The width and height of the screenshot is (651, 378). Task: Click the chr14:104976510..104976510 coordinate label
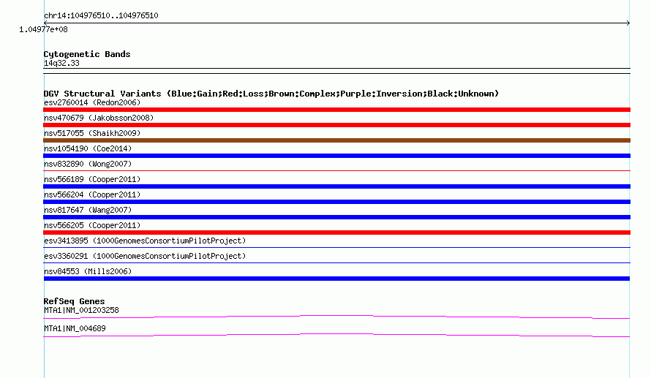(x=101, y=16)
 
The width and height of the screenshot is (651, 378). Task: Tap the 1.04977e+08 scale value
(x=43, y=29)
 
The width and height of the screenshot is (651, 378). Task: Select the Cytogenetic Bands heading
(x=87, y=54)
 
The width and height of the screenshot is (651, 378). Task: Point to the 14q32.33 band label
(x=61, y=63)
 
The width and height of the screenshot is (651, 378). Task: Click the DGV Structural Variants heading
(x=271, y=94)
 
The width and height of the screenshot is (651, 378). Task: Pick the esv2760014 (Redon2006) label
(x=92, y=102)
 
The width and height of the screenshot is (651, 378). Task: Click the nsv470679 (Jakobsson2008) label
(x=99, y=118)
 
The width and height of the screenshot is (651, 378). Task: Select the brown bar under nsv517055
(x=336, y=140)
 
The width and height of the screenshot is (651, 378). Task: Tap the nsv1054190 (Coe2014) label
(x=88, y=148)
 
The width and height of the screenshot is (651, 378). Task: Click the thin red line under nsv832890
(x=336, y=170)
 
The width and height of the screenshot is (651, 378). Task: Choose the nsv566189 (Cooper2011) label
(x=92, y=179)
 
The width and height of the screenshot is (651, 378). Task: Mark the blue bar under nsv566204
(x=336, y=202)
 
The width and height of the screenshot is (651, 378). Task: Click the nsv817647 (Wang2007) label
(x=88, y=210)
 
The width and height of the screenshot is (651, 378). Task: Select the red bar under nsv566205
(x=336, y=233)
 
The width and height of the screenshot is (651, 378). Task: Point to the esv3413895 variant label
(x=145, y=241)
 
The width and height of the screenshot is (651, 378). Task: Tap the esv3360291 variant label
(x=145, y=256)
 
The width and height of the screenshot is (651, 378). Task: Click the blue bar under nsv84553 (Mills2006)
(x=336, y=279)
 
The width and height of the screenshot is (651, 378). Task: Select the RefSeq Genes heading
(x=74, y=301)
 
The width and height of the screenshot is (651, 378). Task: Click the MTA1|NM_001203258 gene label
(x=81, y=310)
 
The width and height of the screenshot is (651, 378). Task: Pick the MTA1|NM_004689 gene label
(x=75, y=328)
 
